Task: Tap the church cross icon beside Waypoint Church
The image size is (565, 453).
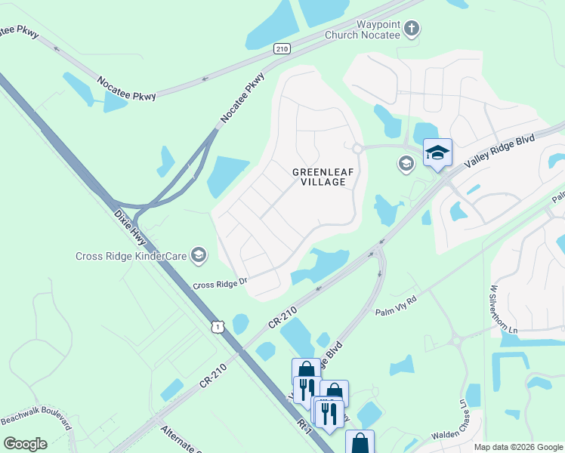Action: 411,29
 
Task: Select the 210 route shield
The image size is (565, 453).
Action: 282,48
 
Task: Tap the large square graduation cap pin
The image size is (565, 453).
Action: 437,153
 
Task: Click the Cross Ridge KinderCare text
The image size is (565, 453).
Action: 131,256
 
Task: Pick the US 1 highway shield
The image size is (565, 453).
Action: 218,326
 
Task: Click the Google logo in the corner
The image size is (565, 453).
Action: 25,443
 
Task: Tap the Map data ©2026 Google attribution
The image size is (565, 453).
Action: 517,447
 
